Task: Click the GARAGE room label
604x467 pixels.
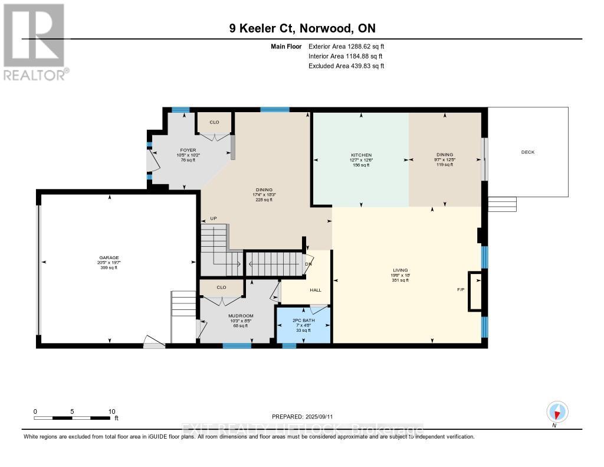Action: [109, 257]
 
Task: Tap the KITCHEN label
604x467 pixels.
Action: [360, 155]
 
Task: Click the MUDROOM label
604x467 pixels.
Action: [241, 316]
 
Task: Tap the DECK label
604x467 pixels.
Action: [527, 152]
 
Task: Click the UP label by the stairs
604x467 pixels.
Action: [214, 218]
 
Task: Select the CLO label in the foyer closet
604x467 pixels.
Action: [215, 122]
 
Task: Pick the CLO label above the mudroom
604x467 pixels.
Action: [221, 288]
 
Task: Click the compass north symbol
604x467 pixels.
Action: [557, 412]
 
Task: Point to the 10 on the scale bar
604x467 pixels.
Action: [111, 412]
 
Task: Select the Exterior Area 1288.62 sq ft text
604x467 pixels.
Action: [346, 46]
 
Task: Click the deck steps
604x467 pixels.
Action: [502, 204]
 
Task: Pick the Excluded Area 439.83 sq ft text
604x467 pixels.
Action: [346, 66]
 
